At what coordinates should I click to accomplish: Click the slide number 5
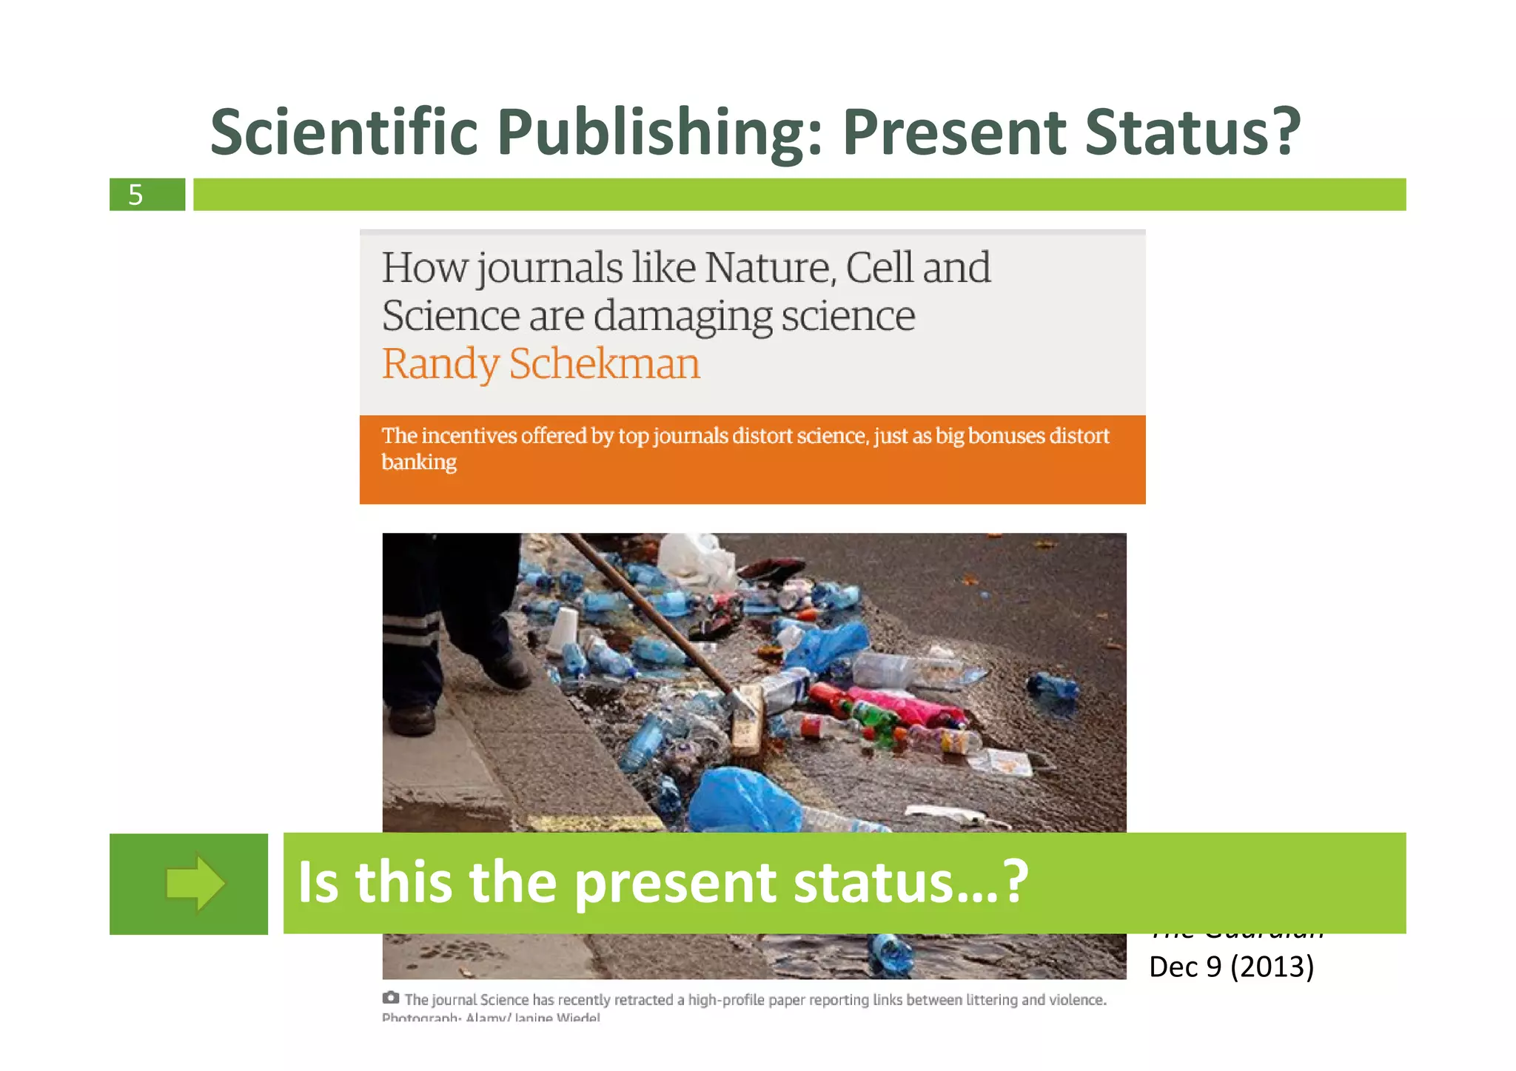coord(135,195)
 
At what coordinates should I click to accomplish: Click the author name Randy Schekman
coord(540,364)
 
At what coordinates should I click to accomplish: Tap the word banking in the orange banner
coord(419,462)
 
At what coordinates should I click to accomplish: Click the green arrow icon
coord(195,883)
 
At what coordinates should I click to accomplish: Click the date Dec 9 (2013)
coord(1231,967)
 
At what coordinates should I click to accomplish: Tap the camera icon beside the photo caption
coord(391,998)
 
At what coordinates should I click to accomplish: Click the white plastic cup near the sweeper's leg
coord(564,628)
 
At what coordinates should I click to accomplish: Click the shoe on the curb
coord(504,671)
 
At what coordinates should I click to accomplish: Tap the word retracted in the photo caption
coord(645,1000)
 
